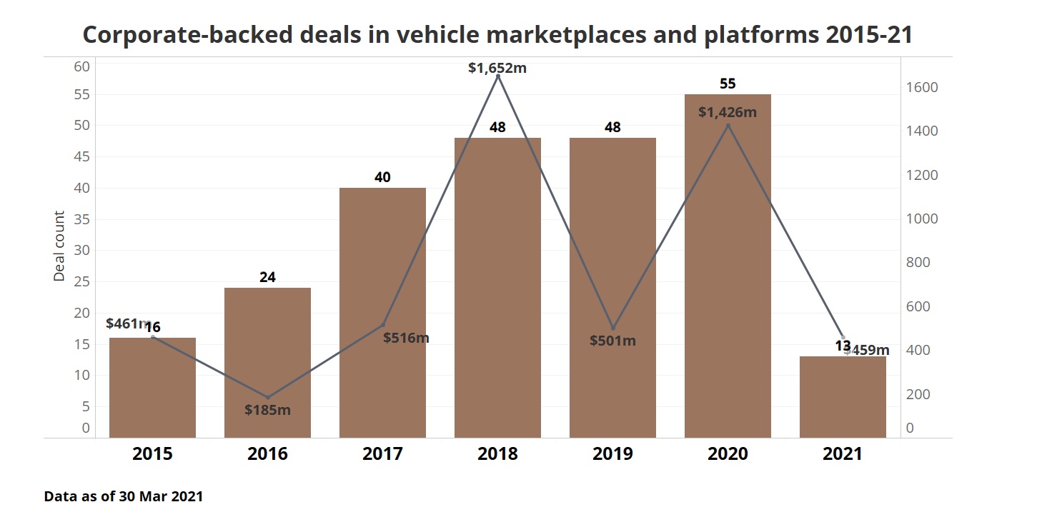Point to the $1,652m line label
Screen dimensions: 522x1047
coord(497,69)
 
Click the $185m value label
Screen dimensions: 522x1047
coord(267,410)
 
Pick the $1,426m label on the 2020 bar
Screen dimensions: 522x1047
coord(728,112)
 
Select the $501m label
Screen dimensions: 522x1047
coord(612,341)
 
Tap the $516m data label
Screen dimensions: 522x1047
coord(406,338)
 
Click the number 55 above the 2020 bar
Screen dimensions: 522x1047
coord(728,84)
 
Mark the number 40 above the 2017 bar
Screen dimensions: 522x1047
coord(382,177)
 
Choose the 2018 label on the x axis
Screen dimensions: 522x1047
coord(497,454)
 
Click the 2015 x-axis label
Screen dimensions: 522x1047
coord(152,454)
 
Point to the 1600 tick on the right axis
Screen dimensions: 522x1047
coord(922,88)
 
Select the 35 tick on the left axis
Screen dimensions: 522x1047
coord(81,219)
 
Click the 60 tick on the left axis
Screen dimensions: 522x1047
coord(81,66)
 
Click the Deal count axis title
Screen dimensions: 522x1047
coord(59,246)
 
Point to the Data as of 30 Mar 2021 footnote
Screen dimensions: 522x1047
coord(124,496)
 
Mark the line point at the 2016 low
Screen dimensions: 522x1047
coord(267,398)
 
